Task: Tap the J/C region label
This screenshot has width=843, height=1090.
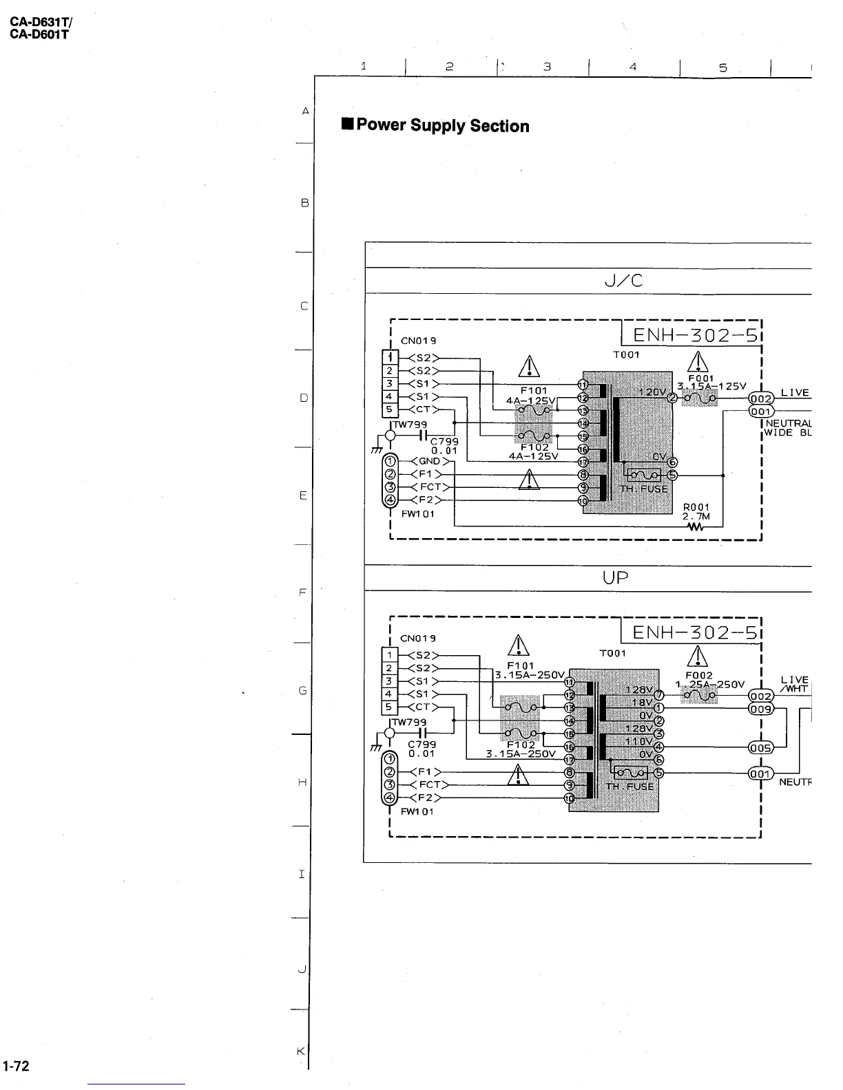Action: (x=615, y=281)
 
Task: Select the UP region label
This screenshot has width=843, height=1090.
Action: (x=615, y=578)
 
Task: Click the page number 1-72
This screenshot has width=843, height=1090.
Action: (x=15, y=1066)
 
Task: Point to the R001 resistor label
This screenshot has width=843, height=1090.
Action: (x=696, y=507)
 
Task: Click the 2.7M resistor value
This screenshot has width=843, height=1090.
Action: (x=696, y=516)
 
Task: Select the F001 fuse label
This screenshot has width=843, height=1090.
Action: (x=700, y=378)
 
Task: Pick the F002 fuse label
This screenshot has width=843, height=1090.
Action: (x=698, y=676)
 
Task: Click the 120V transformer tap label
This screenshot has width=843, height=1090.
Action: (x=652, y=392)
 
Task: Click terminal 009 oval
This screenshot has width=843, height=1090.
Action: (x=760, y=709)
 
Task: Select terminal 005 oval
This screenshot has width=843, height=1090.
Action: (x=760, y=748)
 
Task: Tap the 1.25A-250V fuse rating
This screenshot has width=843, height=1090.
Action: (x=709, y=685)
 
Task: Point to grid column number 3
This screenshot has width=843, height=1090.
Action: (x=546, y=67)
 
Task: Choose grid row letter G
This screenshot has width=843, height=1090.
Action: (x=302, y=690)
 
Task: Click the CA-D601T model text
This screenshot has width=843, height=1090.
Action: (x=39, y=34)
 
